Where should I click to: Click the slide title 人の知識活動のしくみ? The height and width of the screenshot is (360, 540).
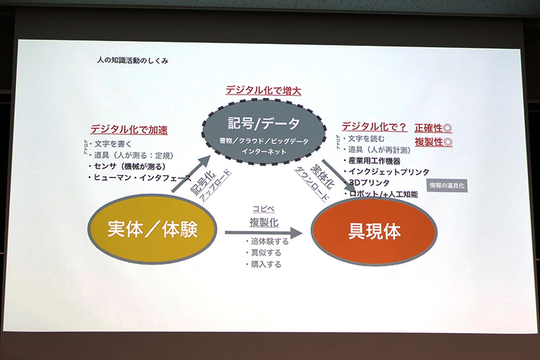pos(132,60)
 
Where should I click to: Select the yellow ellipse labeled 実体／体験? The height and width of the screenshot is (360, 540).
pos(152,230)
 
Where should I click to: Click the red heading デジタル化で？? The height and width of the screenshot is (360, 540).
pos(374,126)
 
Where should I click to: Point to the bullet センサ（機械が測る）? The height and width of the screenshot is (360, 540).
pos(130,165)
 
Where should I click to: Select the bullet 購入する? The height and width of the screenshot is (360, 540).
pos(266,264)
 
